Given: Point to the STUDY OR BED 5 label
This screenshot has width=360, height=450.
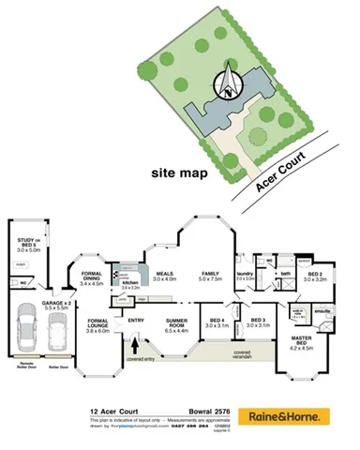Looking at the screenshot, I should (29, 246).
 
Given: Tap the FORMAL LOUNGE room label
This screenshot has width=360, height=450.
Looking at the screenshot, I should (97, 325).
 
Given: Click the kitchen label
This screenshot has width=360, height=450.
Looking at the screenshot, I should (130, 283).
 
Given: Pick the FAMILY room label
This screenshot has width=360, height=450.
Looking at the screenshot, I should (210, 275).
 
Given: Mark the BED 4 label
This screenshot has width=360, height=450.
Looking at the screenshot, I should (217, 322).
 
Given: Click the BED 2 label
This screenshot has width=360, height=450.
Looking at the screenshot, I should (314, 276).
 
